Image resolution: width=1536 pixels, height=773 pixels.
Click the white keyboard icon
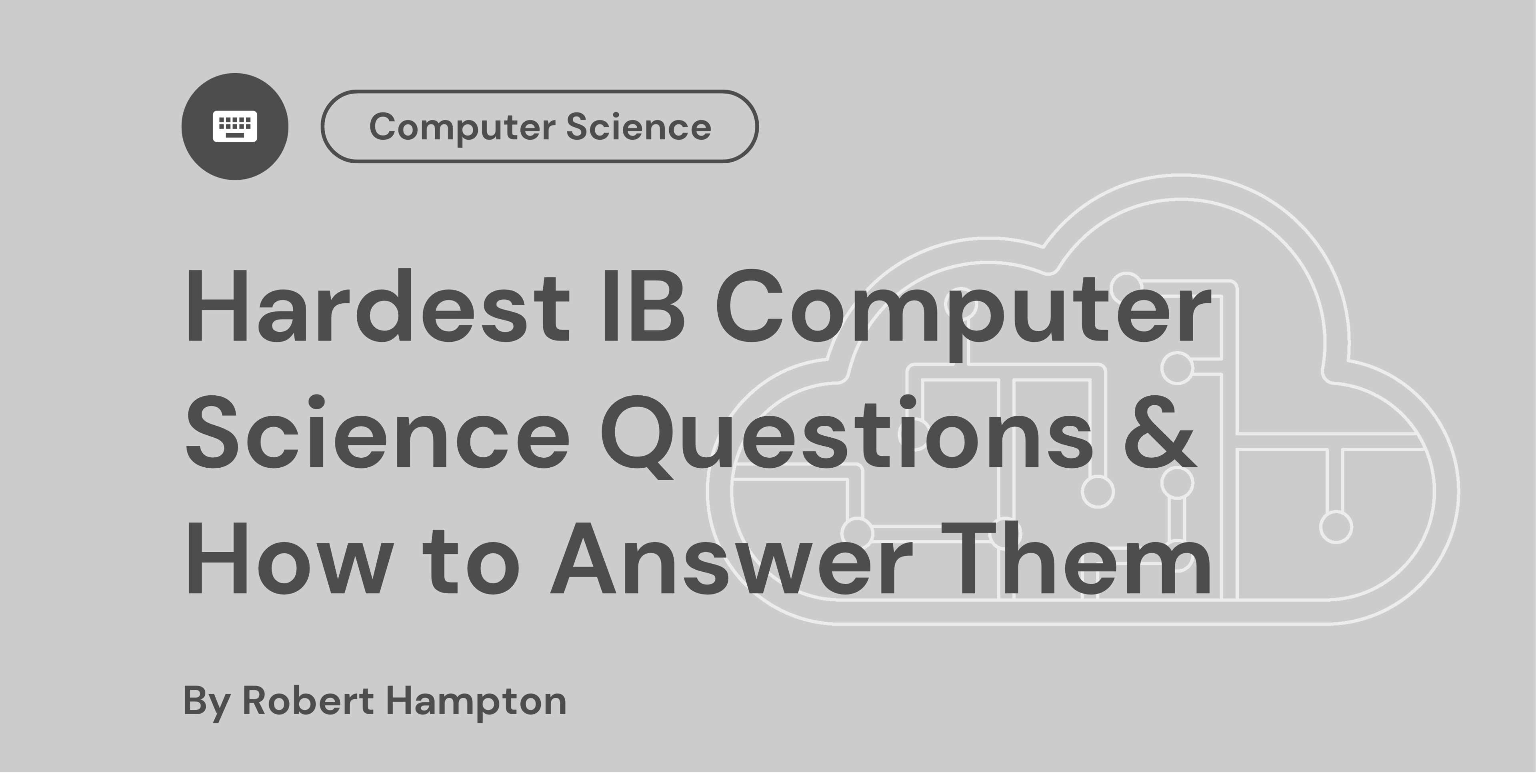(x=234, y=126)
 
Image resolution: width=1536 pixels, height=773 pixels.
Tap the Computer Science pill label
(x=539, y=126)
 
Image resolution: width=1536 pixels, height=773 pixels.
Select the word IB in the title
(x=644, y=308)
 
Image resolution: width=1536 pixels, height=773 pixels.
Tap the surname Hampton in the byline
(x=476, y=702)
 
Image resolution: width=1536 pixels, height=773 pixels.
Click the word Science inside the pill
(x=638, y=126)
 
